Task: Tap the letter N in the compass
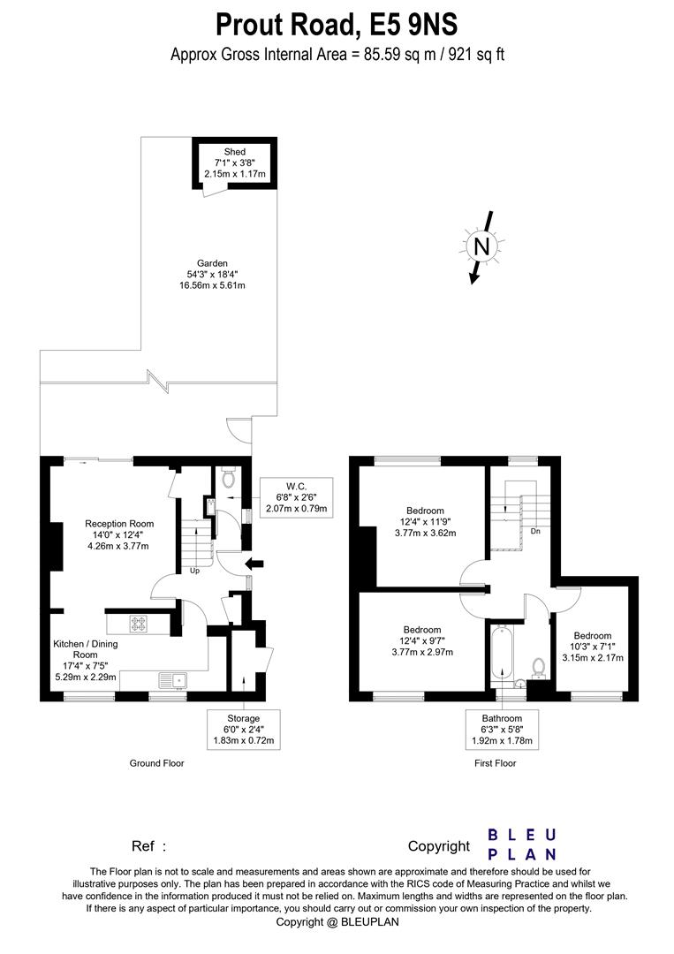(x=481, y=246)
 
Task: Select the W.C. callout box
(x=296, y=497)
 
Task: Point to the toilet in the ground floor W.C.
(x=229, y=478)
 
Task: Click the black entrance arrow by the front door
(x=254, y=564)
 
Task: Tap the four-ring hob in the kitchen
(x=138, y=623)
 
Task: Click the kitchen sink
(x=174, y=680)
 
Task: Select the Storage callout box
(x=243, y=729)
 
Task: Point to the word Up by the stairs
(x=194, y=571)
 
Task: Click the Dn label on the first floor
(x=535, y=531)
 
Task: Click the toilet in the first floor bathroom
(x=538, y=668)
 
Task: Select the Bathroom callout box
(x=502, y=729)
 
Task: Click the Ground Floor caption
(x=156, y=763)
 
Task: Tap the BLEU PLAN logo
(x=523, y=844)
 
